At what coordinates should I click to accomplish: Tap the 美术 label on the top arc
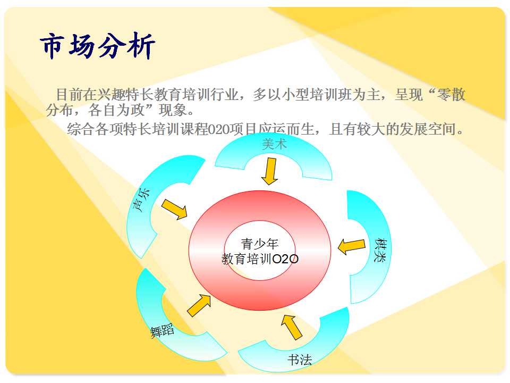click(274, 144)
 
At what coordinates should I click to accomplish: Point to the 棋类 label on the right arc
click(380, 250)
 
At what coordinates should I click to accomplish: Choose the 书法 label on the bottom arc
click(300, 360)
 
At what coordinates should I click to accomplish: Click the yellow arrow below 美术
click(270, 171)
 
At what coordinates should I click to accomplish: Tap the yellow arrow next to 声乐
click(175, 209)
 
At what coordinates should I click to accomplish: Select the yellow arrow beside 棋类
click(352, 246)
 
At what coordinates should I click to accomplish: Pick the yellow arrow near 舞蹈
click(199, 305)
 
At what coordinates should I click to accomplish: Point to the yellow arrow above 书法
click(292, 327)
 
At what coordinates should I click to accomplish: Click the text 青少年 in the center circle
click(260, 244)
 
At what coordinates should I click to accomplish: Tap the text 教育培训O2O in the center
click(260, 259)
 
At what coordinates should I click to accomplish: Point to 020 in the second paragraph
click(218, 130)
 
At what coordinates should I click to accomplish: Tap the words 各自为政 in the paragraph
click(116, 110)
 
